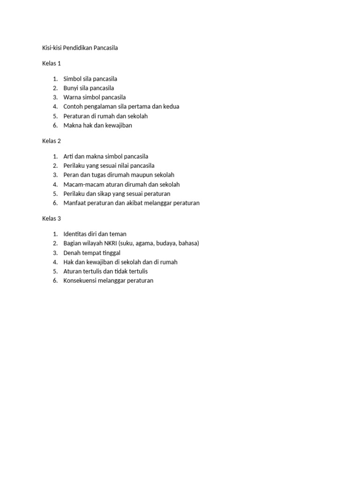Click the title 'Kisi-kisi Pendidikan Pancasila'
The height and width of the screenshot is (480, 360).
coord(80,48)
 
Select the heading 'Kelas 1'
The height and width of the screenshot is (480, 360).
coord(52,63)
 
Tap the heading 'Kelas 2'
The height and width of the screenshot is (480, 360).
coord(52,141)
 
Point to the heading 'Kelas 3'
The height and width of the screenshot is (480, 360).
coord(52,218)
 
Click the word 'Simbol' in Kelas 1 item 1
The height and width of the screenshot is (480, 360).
coord(72,79)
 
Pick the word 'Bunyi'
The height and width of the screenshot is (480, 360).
coord(71,88)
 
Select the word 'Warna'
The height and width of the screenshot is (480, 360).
coord(72,97)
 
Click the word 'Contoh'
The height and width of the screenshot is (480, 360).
coord(73,107)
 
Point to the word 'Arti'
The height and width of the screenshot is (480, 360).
coord(68,157)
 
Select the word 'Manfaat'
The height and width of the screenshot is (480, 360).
coord(75,203)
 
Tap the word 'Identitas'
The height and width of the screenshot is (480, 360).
coord(75,234)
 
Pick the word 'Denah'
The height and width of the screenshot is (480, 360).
coord(72,253)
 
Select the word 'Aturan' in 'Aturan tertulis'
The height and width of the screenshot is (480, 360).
coord(73,271)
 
